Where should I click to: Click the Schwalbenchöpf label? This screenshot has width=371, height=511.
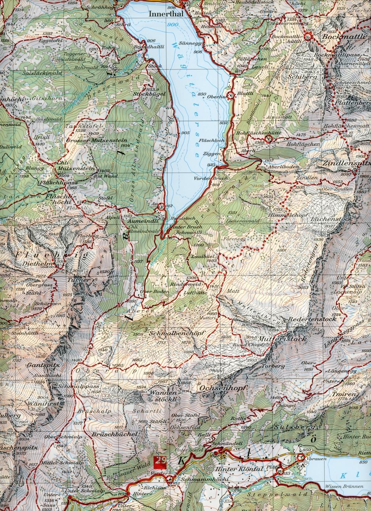[x=177, y=333]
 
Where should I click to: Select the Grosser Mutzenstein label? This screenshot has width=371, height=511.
[x=88, y=139]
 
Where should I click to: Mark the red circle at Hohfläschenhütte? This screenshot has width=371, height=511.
[x=268, y=139]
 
